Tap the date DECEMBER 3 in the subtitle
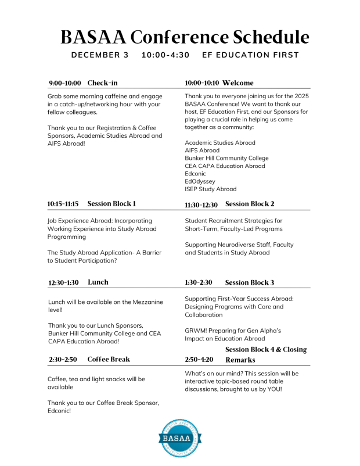pyautogui.click(x=100, y=55)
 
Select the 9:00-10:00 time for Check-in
pyautogui.click(x=65, y=83)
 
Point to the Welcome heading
pyautogui.click(x=237, y=83)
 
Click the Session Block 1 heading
pyautogui.click(x=111, y=204)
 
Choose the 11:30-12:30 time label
pyautogui.click(x=201, y=205)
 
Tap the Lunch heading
pyautogui.click(x=98, y=282)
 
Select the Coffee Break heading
pyautogui.click(x=109, y=360)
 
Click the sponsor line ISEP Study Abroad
pyautogui.click(x=211, y=189)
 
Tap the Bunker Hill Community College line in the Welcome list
pyautogui.click(x=226, y=158)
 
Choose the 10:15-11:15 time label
pyautogui.click(x=63, y=205)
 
